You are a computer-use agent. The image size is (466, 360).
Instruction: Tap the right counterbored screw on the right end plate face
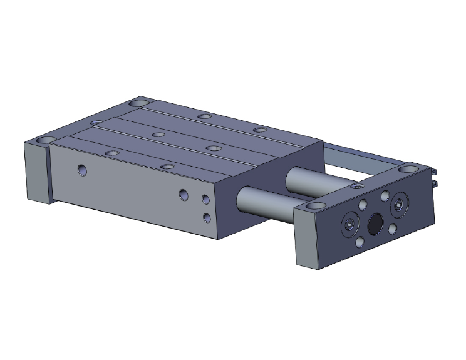pos(400,205)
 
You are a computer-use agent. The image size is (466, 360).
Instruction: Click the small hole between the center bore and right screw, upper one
pos(385,197)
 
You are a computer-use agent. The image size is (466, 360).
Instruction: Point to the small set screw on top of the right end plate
pos(357,187)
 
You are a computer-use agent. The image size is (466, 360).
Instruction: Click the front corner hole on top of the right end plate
pos(315,206)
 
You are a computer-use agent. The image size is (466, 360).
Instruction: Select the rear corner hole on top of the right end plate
pos(408,169)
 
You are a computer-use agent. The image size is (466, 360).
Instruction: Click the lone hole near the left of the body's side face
pos(82,170)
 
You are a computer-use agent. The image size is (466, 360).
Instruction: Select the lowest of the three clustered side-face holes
pos(207,217)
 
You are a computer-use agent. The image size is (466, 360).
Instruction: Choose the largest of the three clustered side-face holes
pos(183,195)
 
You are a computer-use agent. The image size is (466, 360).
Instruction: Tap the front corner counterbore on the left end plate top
pos(46,139)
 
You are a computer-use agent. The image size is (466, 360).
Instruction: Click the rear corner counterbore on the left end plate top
pos(139,103)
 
